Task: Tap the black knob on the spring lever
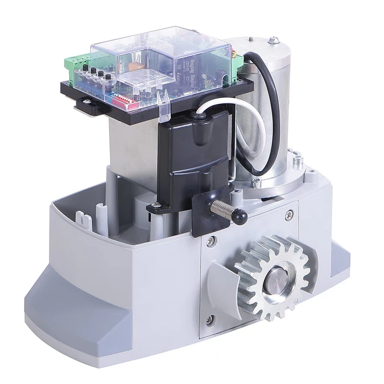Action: click(x=240, y=217)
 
